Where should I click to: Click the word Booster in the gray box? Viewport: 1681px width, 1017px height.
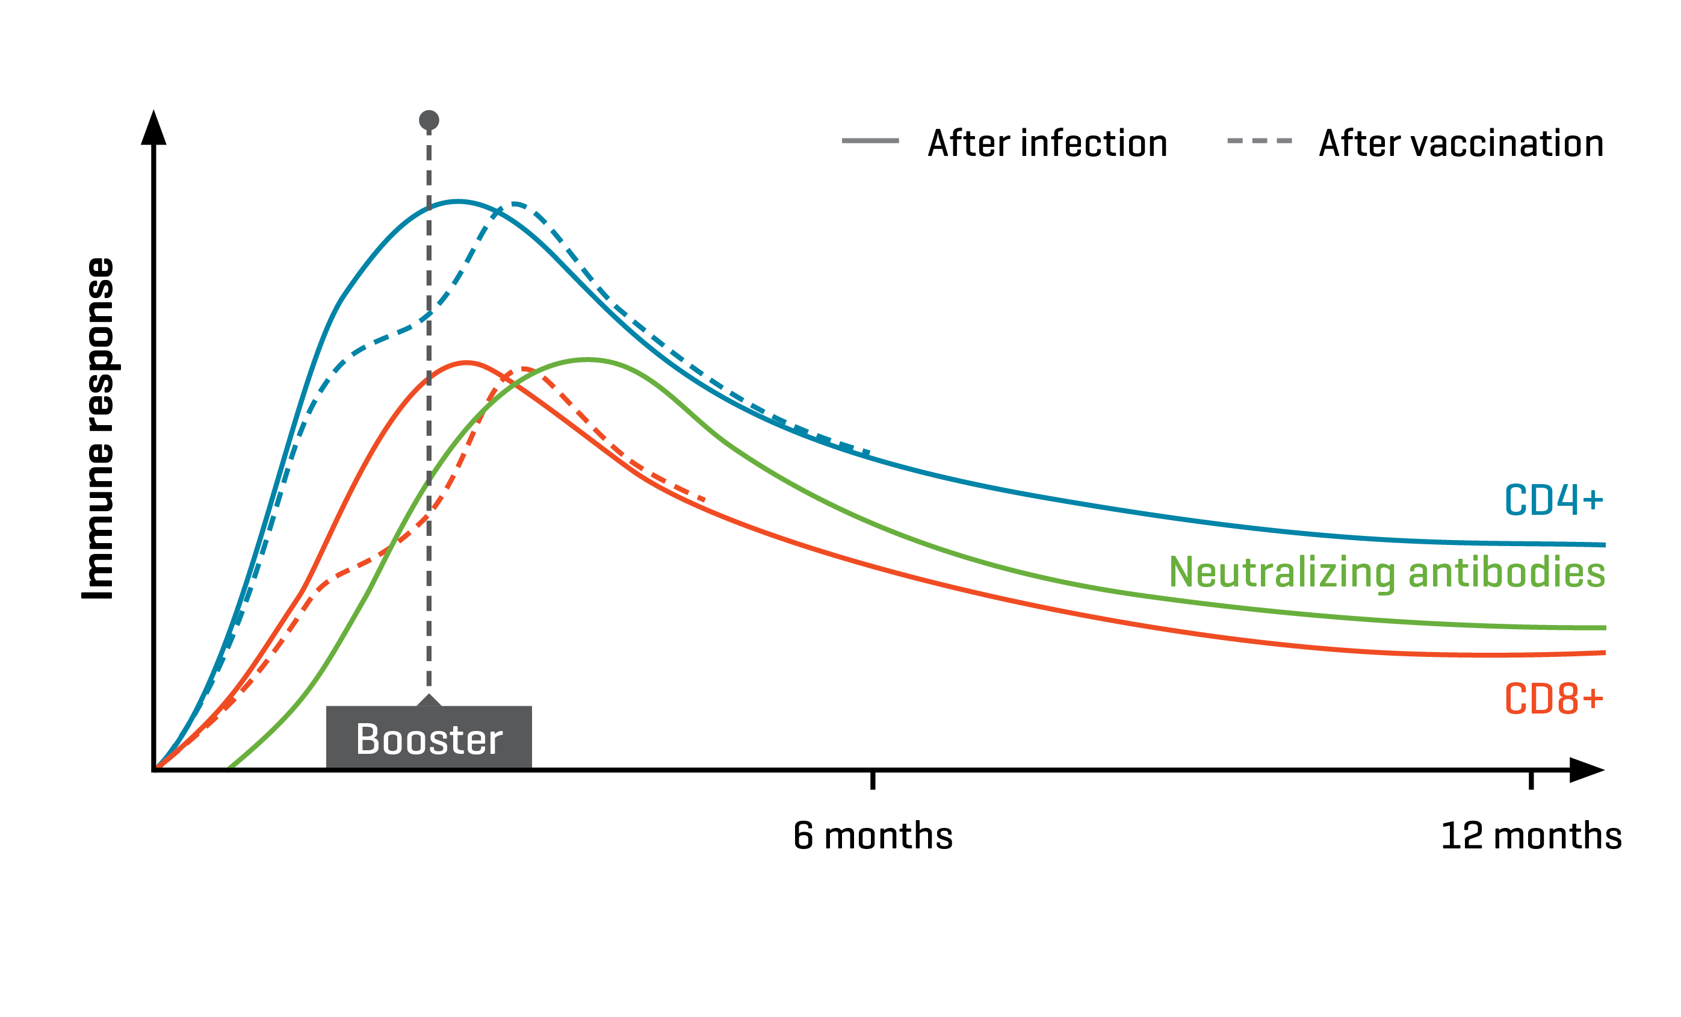click(x=429, y=739)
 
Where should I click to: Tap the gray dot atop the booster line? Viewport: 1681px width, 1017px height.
click(x=429, y=121)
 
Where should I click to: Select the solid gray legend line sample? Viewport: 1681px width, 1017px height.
click(x=870, y=141)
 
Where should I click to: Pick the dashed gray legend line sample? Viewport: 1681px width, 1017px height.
click(x=1259, y=141)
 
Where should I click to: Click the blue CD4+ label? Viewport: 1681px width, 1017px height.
click(x=1553, y=500)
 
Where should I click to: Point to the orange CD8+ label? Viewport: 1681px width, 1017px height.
click(x=1553, y=699)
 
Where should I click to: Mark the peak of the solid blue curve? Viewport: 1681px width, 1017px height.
click(x=458, y=201)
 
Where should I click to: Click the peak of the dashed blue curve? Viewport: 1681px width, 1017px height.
click(x=516, y=204)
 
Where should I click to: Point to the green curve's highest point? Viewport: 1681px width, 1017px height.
click(x=587, y=359)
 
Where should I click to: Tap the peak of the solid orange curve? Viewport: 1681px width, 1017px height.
click(x=466, y=362)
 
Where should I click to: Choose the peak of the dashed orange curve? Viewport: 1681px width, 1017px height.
click(x=524, y=369)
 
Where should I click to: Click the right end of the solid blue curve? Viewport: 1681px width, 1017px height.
click(x=1604, y=545)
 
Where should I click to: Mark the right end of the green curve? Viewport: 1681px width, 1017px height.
click(x=1604, y=627)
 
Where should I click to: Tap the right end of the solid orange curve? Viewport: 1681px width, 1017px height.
click(x=1604, y=653)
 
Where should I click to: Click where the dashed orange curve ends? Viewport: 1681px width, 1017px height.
click(x=704, y=500)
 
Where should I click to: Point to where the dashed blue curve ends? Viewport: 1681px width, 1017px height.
click(x=868, y=452)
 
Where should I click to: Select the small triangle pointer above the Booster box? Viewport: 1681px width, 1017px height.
click(x=429, y=700)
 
